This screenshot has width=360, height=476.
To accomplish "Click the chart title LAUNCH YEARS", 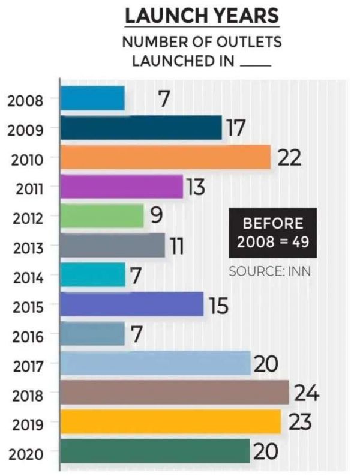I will (202, 16).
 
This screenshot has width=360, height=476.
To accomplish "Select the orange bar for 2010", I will (166, 158).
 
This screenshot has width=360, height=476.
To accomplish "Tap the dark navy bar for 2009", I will (142, 128).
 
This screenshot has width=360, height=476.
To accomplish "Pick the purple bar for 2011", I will (122, 187).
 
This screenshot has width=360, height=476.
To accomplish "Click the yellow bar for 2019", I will (170, 422).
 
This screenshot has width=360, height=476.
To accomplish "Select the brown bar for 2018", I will (175, 393).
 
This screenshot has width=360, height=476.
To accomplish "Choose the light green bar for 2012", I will (102, 216).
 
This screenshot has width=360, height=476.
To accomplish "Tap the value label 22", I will (289, 158).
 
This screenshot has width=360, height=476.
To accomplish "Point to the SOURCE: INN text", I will (265, 271).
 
